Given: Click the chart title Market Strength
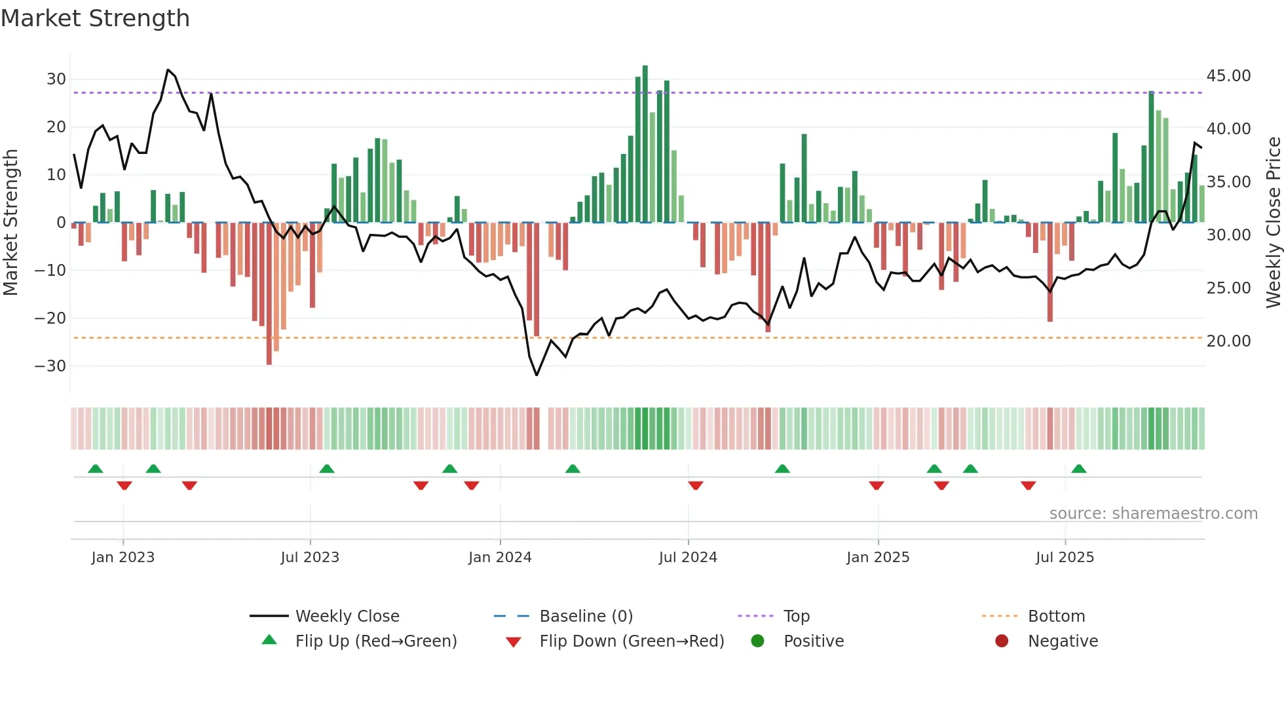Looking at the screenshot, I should [95, 18].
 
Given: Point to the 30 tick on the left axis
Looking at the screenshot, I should [56, 79].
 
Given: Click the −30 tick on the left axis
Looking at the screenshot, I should [50, 366].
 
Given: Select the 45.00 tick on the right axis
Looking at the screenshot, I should [1228, 76].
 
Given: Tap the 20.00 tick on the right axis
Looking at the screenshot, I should [1228, 341].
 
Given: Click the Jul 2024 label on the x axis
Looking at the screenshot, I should [688, 558].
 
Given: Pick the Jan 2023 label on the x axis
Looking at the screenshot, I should [123, 558].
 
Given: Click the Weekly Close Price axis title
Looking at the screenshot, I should [1273, 222].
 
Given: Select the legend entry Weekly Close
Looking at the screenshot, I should [347, 617].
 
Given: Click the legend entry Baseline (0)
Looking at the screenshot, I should [586, 617].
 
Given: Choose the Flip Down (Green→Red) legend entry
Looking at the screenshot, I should [632, 641].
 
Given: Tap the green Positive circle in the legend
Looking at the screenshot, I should [758, 641].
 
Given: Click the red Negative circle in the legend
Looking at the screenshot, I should [1002, 641].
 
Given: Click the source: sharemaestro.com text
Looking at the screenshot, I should [1153, 514].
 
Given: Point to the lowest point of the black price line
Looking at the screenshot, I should [537, 375].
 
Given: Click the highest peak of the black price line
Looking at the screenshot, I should [168, 69].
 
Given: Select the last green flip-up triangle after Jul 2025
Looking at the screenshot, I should [1079, 468].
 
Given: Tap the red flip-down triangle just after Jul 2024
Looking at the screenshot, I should [696, 485].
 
